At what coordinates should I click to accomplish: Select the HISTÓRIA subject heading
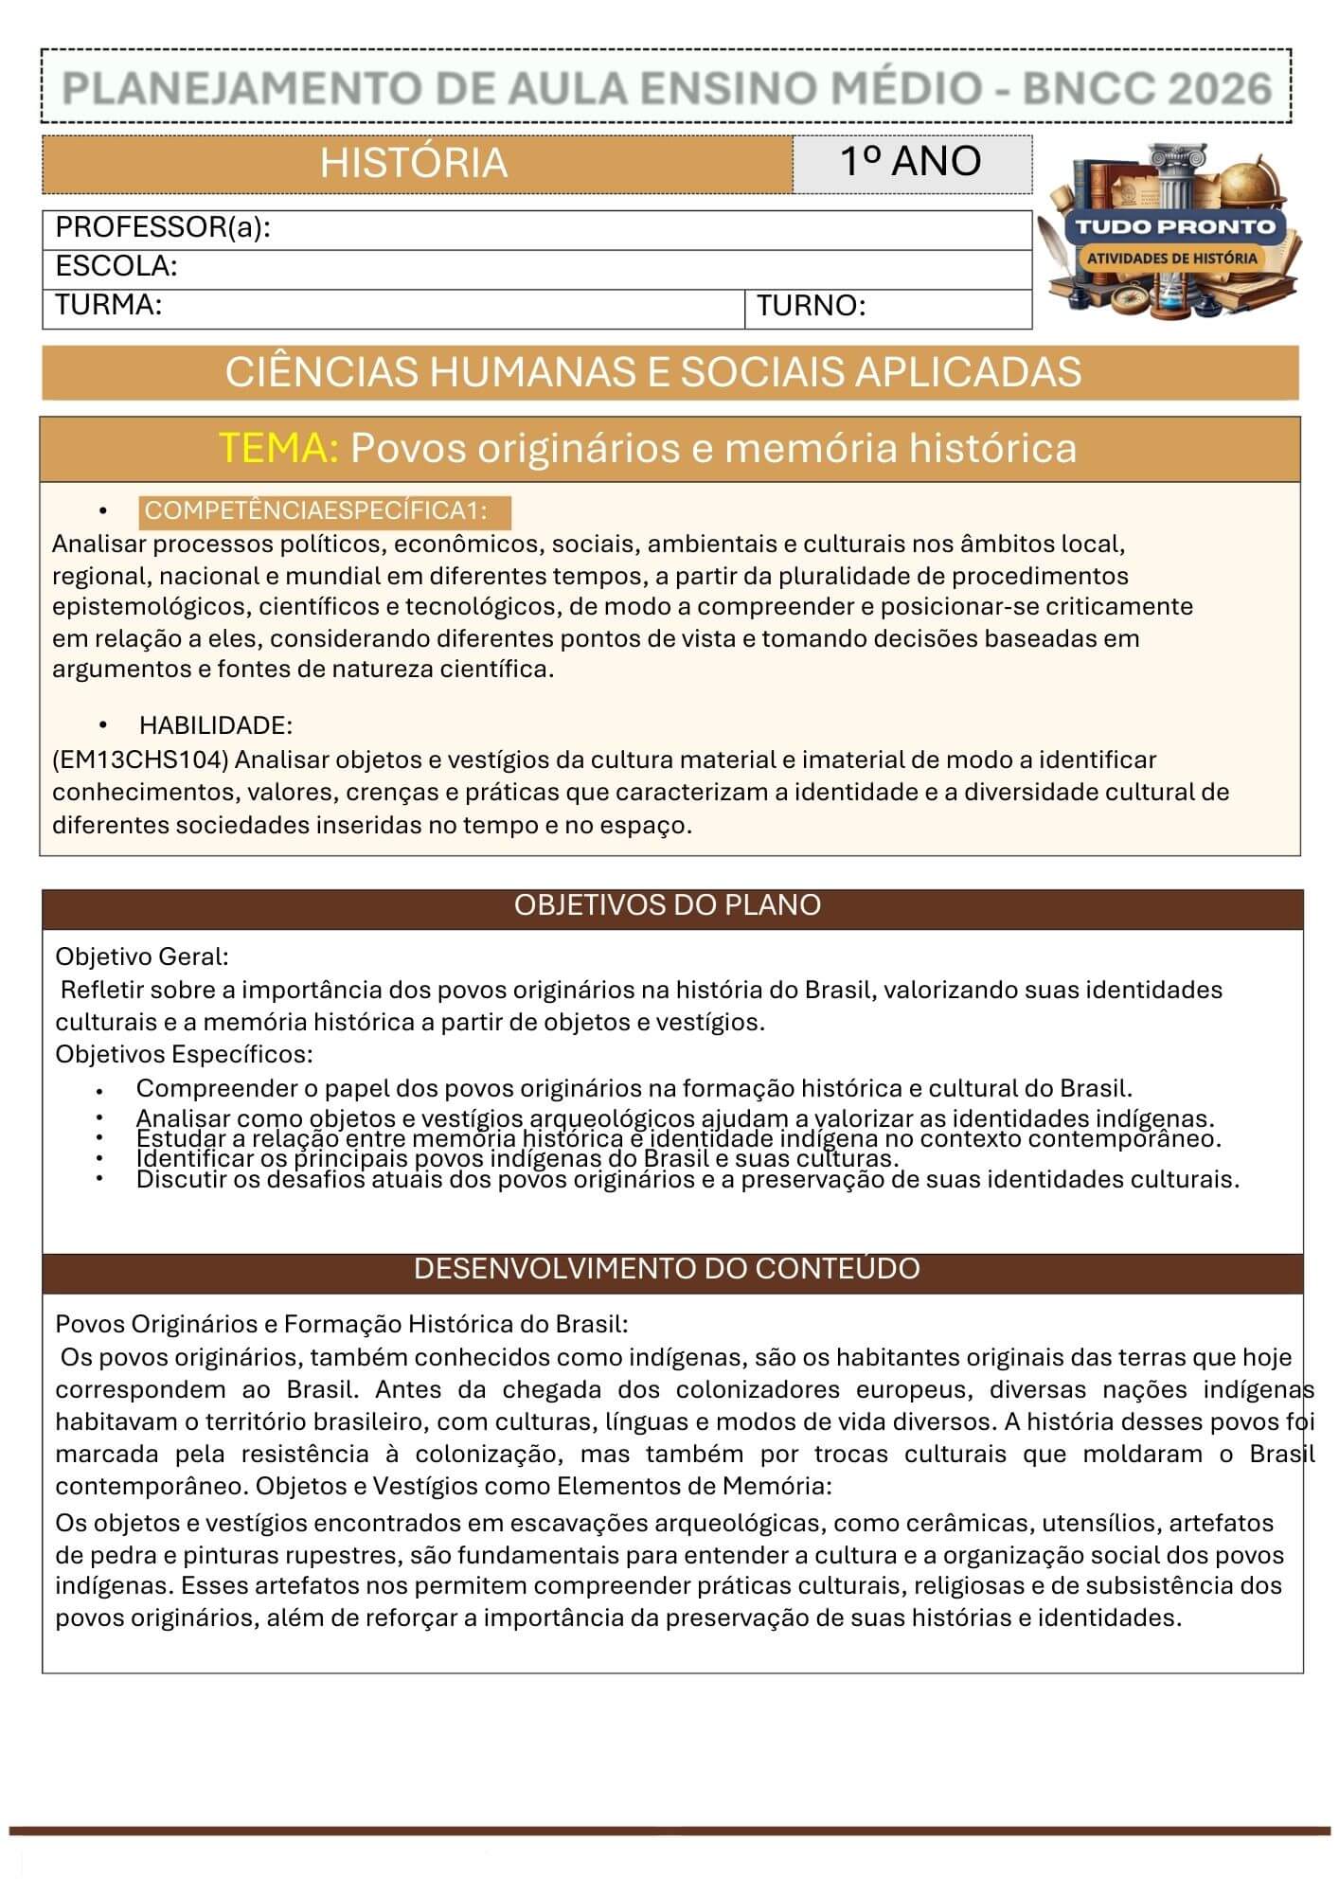[414, 163]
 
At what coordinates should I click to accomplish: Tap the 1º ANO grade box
[911, 162]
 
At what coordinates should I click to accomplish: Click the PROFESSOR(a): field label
[163, 228]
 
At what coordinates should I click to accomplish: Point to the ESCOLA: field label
[116, 266]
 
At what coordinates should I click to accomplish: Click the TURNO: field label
[811, 306]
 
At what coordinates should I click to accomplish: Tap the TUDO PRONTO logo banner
[1174, 226]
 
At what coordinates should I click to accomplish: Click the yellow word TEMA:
[278, 448]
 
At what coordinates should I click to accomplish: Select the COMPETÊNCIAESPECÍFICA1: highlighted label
[316, 511]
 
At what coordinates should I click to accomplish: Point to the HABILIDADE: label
[216, 725]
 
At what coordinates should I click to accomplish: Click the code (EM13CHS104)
[140, 759]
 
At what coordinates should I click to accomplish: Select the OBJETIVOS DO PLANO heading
[668, 905]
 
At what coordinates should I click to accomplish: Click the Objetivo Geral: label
[142, 956]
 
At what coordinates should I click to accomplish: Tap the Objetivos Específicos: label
[184, 1054]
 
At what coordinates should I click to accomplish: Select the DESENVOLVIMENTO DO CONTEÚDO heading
[667, 1269]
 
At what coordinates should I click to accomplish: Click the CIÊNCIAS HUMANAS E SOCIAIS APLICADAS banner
[653, 372]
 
